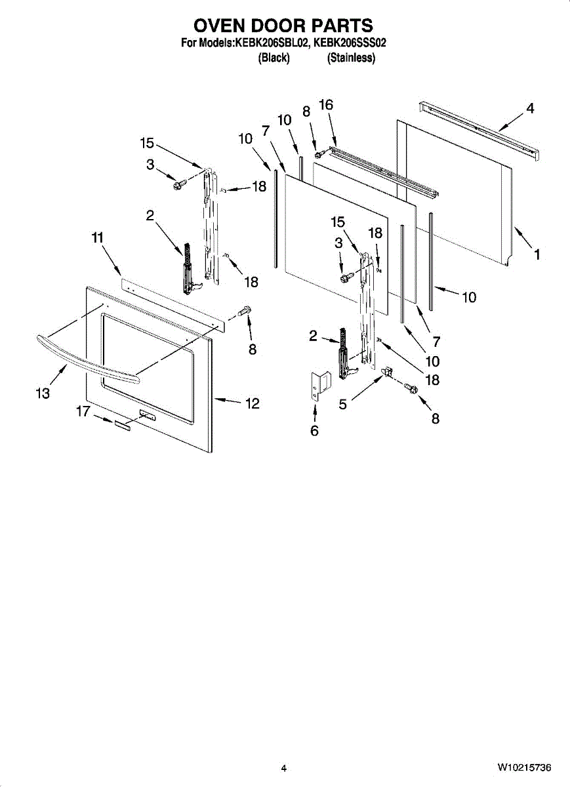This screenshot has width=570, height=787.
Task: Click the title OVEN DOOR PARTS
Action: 283,26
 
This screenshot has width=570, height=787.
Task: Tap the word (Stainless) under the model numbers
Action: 351,58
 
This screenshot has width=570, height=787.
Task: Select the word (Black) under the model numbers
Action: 274,58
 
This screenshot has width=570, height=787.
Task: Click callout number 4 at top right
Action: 530,109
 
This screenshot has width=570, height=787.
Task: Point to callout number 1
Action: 537,255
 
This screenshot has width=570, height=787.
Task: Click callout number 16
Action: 326,105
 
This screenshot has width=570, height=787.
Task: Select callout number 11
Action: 98,239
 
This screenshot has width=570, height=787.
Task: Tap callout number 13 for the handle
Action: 43,393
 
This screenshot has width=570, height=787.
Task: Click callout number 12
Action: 253,403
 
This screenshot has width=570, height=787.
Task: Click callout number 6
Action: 314,431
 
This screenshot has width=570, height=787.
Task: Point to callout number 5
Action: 343,405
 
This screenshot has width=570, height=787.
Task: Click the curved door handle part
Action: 85,359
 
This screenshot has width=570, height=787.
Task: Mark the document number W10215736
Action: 523,768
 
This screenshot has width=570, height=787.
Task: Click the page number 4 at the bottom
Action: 284,768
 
